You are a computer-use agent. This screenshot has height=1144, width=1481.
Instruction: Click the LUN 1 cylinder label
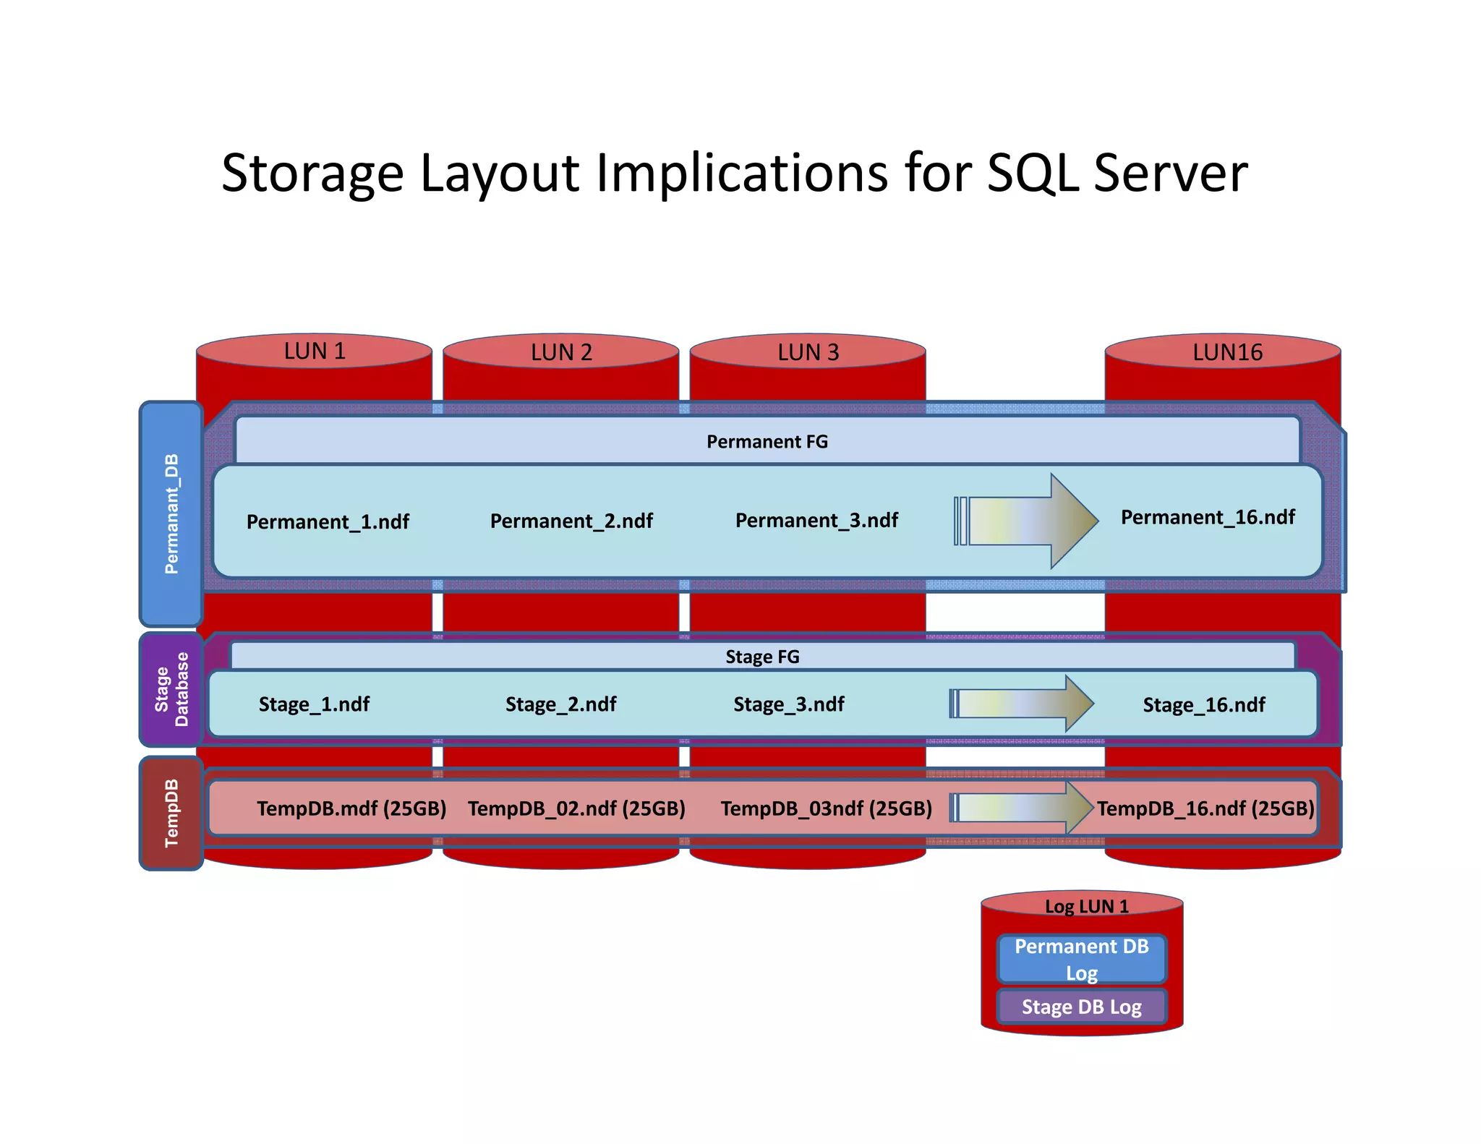pos(315,351)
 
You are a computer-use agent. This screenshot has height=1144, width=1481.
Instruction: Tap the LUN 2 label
pos(561,352)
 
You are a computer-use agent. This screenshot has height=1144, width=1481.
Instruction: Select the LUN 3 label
pos(808,352)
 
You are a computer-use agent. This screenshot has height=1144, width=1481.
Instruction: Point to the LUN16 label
pos(1227,352)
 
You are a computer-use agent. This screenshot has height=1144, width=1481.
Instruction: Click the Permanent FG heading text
pos(767,442)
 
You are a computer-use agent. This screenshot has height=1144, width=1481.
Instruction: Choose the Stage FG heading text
pos(762,657)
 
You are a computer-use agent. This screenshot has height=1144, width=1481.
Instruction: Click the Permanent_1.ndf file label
pos(328,521)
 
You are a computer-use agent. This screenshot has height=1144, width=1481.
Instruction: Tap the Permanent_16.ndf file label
pos(1208,517)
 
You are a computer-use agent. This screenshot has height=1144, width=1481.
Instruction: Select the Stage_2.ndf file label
pos(560,704)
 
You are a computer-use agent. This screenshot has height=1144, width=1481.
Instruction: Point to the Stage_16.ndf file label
pos(1204,705)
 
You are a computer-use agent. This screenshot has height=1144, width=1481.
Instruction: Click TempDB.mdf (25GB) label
pos(351,808)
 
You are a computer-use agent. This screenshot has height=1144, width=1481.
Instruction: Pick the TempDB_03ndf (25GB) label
pos(826,808)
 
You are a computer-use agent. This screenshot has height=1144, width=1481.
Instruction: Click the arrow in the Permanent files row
pos(1027,521)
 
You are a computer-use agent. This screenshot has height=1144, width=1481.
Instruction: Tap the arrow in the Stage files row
pos(1022,704)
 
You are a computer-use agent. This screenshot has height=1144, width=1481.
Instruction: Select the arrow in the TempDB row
pos(1022,807)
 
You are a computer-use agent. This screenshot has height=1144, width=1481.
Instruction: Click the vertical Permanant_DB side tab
pos(171,513)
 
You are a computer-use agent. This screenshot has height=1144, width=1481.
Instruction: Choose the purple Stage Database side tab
pos(171,689)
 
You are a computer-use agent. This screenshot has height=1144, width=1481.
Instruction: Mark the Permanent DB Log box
pos(1082,960)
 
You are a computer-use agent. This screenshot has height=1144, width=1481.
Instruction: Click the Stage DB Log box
pos(1082,1007)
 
